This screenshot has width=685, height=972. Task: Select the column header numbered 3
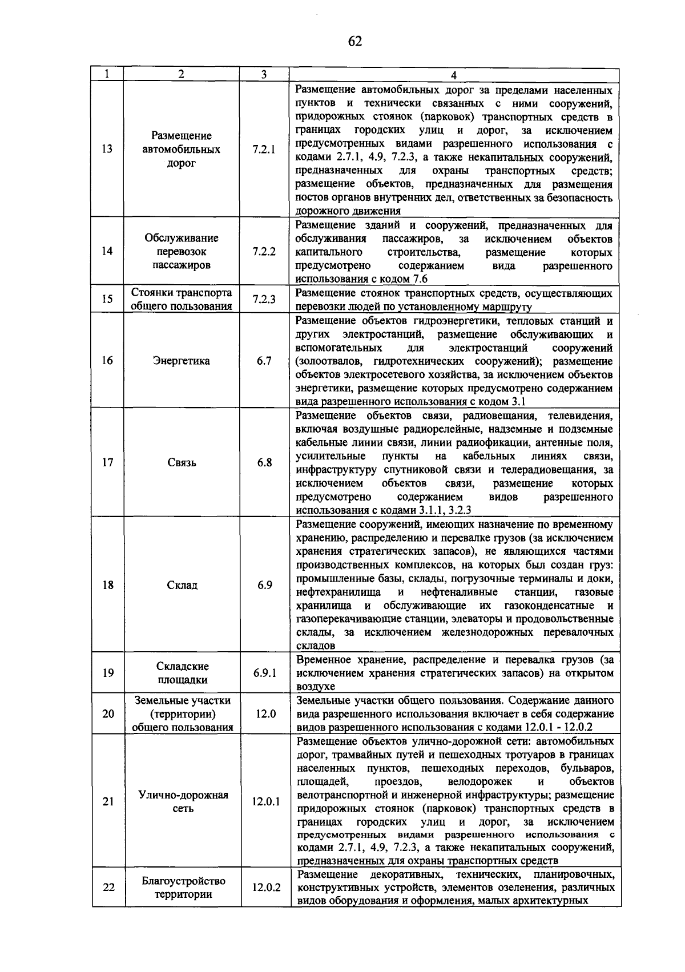coord(264,75)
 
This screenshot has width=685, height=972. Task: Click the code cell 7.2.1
coord(264,150)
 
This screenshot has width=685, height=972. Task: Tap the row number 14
coord(107,251)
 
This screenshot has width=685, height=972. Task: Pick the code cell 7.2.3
coord(264,299)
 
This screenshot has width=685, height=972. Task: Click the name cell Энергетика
coord(182,361)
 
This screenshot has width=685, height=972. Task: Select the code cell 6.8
coord(264,462)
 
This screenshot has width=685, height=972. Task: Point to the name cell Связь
coord(182,462)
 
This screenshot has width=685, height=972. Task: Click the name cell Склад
coord(182,585)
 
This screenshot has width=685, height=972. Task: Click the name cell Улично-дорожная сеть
coord(183,801)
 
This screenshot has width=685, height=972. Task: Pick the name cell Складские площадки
coord(183,673)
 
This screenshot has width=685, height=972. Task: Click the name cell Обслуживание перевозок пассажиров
coord(182,251)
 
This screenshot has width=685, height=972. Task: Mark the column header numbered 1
coord(107,75)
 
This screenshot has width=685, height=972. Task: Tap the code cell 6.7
coord(264,361)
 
